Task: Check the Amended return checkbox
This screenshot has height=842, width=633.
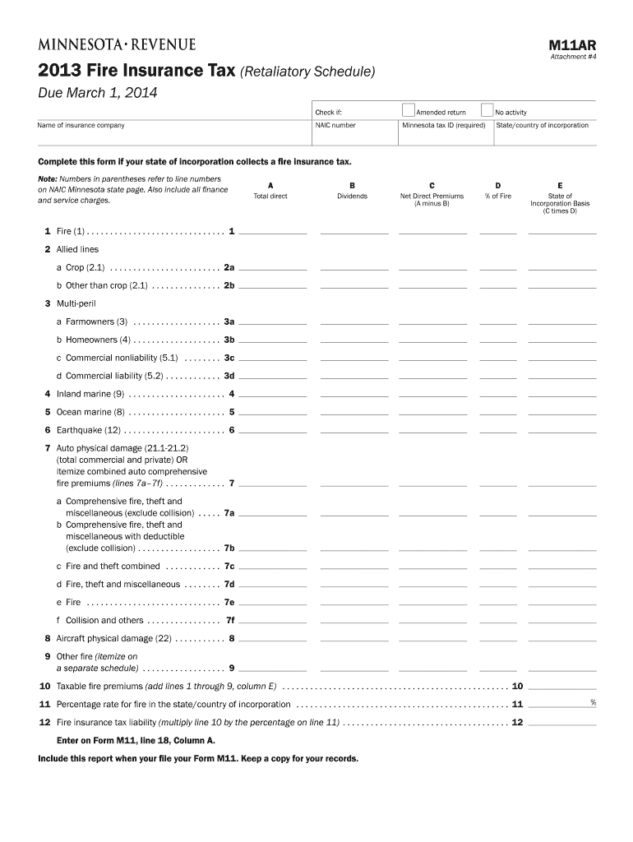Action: click(409, 110)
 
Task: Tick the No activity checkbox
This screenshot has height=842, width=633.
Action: click(487, 110)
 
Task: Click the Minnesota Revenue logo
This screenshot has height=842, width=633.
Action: click(116, 44)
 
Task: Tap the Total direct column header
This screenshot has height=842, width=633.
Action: click(270, 197)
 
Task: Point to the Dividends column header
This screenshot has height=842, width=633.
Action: click(352, 197)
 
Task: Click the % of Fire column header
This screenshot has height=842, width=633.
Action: click(497, 197)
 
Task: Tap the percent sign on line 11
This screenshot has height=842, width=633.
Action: click(593, 701)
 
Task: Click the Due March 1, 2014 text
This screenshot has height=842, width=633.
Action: click(98, 93)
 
